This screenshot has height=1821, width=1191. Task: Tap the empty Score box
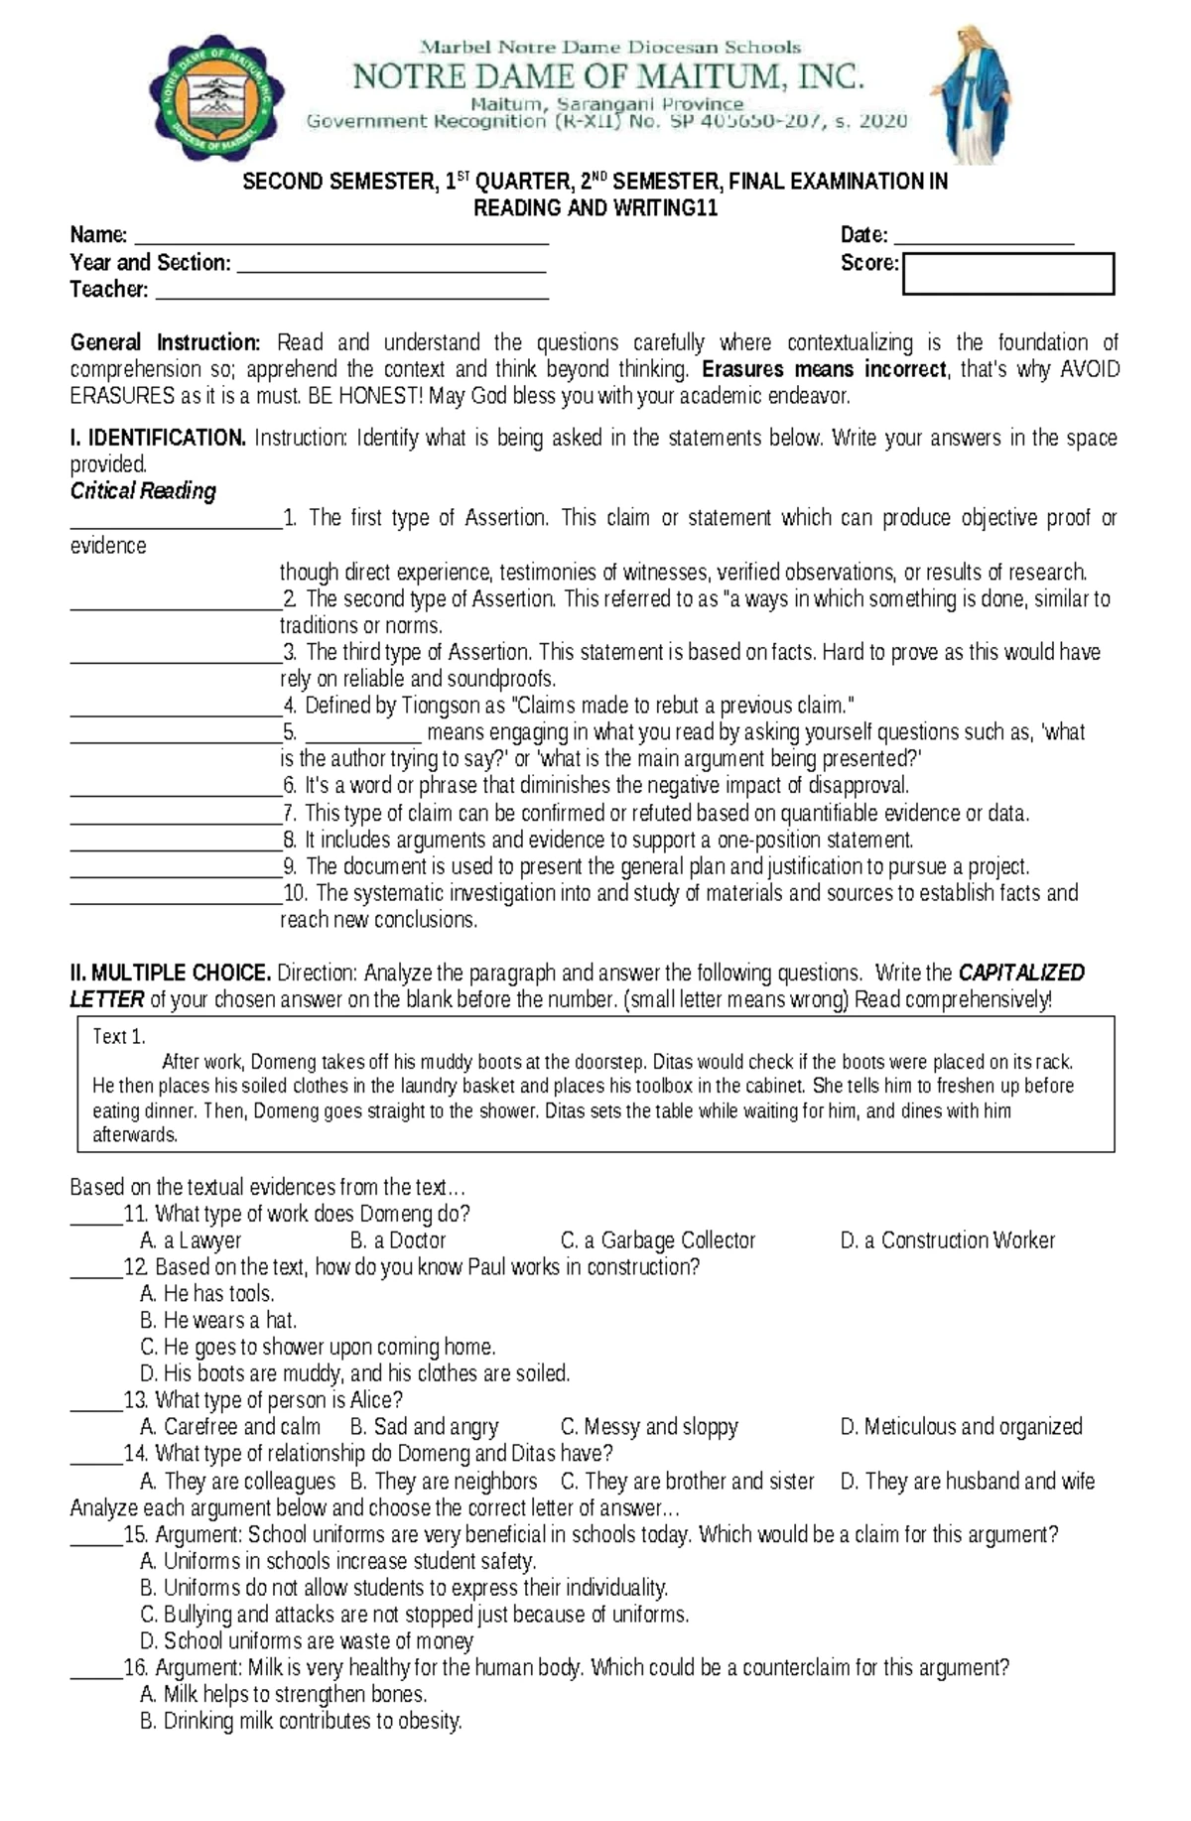coord(1007,274)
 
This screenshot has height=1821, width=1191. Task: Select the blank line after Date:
coord(984,239)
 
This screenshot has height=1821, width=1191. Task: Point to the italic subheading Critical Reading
coord(143,491)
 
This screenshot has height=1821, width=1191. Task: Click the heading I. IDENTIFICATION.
coord(158,438)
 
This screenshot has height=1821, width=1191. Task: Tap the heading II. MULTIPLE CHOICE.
coord(170,973)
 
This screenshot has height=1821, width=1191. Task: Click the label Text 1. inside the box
coord(119,1037)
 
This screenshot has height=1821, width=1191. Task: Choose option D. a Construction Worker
coord(947,1240)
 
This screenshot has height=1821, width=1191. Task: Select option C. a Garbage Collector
coord(658,1240)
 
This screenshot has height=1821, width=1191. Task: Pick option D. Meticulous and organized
coord(961,1427)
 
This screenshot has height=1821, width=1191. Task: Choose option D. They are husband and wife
coord(967,1482)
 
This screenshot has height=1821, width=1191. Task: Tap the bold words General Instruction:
coord(165,343)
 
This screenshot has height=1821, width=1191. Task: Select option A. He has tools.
coord(207,1294)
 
